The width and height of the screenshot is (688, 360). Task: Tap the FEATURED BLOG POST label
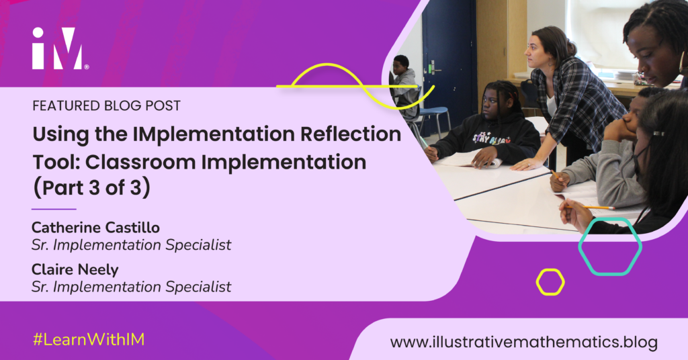(x=106, y=106)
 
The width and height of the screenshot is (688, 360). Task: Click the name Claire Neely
(x=74, y=270)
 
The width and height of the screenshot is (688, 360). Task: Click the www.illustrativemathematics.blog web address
(x=523, y=342)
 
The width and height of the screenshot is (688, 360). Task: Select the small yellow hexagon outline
(x=550, y=282)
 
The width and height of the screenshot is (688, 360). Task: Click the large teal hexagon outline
(x=609, y=246)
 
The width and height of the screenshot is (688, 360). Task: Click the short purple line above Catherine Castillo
(x=54, y=209)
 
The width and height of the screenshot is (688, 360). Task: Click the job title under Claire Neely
(x=131, y=287)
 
